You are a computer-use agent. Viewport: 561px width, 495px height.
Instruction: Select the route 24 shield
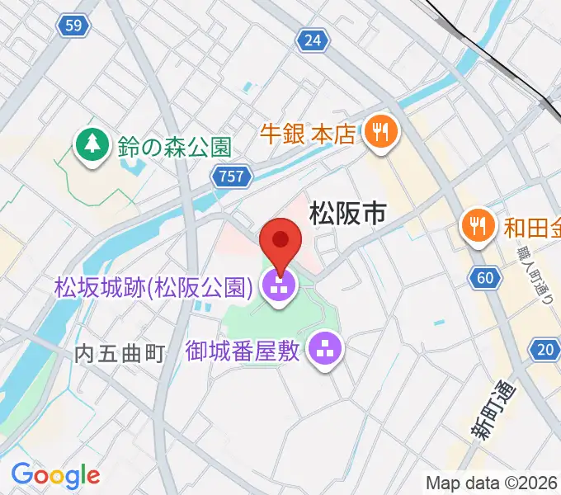[312, 40]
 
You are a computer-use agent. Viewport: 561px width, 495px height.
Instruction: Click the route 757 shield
[231, 176]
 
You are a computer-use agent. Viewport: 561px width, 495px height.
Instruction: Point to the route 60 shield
[485, 278]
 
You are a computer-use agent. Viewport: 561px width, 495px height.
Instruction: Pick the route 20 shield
[544, 350]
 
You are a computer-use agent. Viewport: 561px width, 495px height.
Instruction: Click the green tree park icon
[90, 147]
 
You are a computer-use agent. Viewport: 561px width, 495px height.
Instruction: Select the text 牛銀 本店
[308, 132]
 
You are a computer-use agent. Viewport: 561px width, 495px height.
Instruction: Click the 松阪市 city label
[347, 214]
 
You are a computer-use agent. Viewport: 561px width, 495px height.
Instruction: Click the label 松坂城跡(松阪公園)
[153, 287]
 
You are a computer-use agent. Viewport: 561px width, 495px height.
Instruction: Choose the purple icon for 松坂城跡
[278, 288]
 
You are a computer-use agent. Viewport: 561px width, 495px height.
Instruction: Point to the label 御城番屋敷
[244, 350]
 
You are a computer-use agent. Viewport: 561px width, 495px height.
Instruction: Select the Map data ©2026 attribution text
[492, 482]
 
